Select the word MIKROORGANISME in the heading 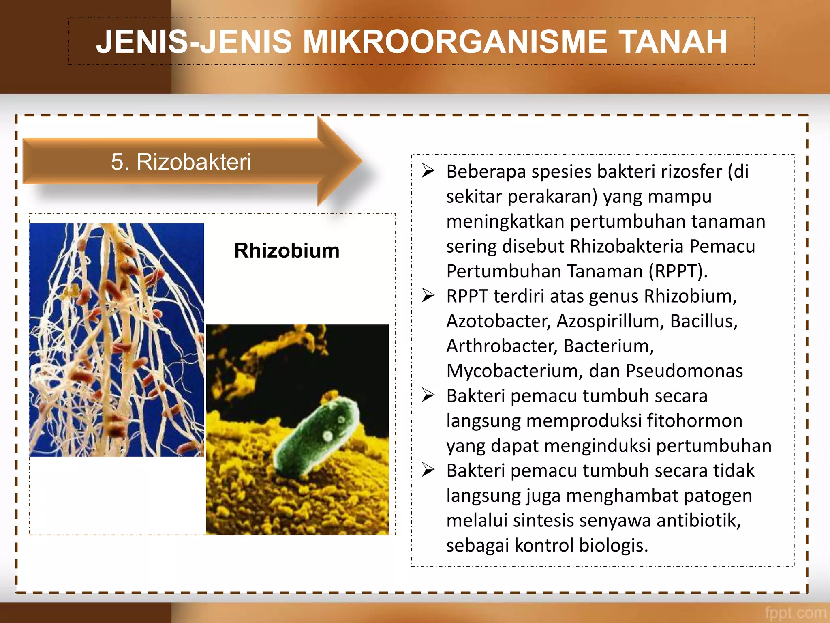(455, 41)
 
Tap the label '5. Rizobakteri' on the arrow (181, 162)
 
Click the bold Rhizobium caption (287, 250)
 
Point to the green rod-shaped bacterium (316, 434)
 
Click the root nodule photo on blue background (117, 340)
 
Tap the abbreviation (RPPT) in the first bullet (678, 271)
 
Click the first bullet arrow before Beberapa (428, 171)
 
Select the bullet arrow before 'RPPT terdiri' (428, 295)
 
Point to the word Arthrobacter (501, 346)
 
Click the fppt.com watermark (795, 612)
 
